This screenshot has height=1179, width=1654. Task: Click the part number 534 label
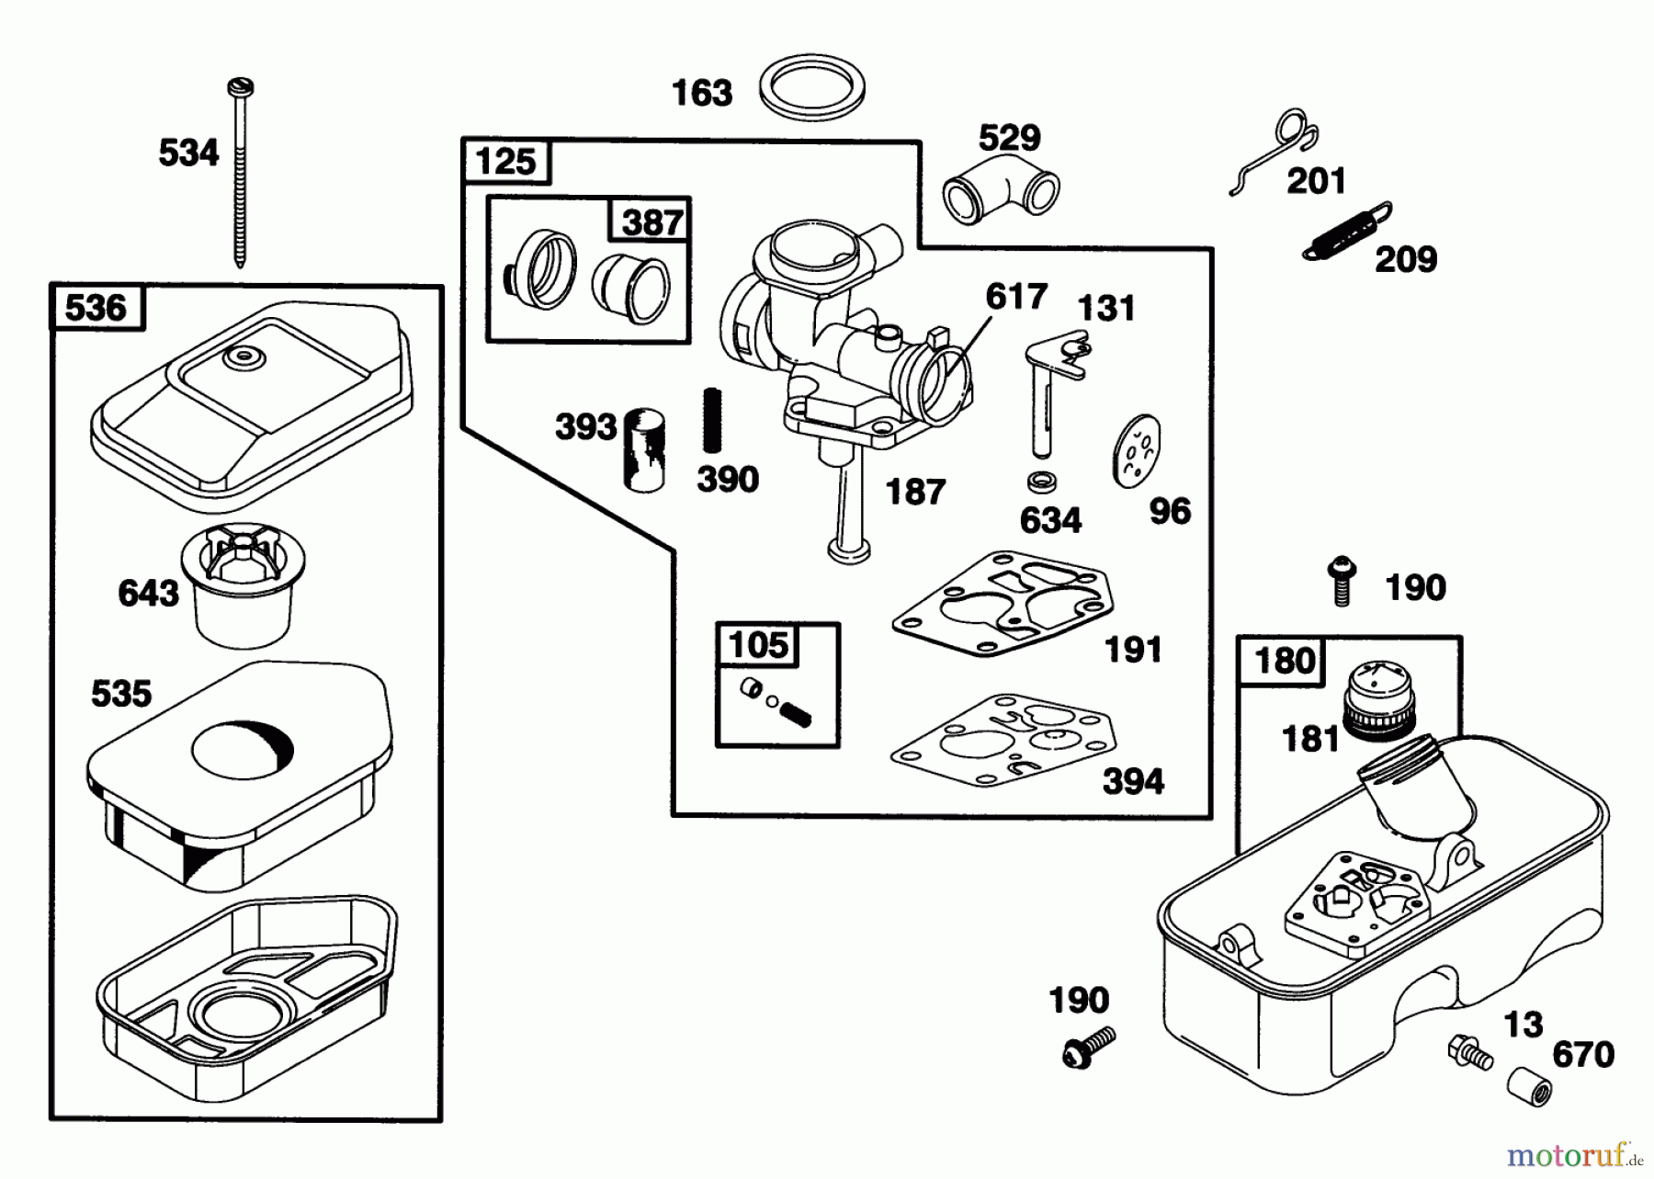tap(188, 153)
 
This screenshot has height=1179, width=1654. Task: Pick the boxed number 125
tap(505, 162)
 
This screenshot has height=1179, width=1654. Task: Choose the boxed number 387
tap(651, 221)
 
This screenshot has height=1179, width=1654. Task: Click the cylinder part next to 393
tap(644, 450)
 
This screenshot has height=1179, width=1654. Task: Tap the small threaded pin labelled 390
tap(712, 421)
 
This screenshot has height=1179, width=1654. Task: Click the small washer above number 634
tap(1040, 481)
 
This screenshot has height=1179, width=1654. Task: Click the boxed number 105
tap(758, 645)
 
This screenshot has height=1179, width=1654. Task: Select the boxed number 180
tap(1283, 660)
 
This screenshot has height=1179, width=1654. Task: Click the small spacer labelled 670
tap(1529, 1088)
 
